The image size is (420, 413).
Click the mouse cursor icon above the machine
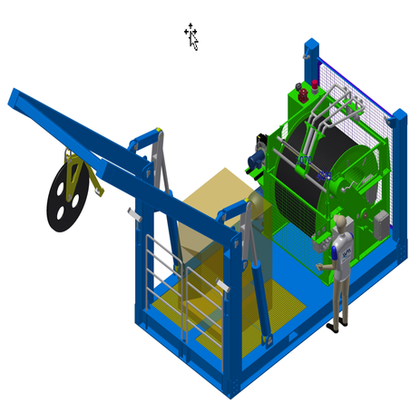191,36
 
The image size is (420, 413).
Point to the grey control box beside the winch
381,223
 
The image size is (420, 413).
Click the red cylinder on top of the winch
315,86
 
